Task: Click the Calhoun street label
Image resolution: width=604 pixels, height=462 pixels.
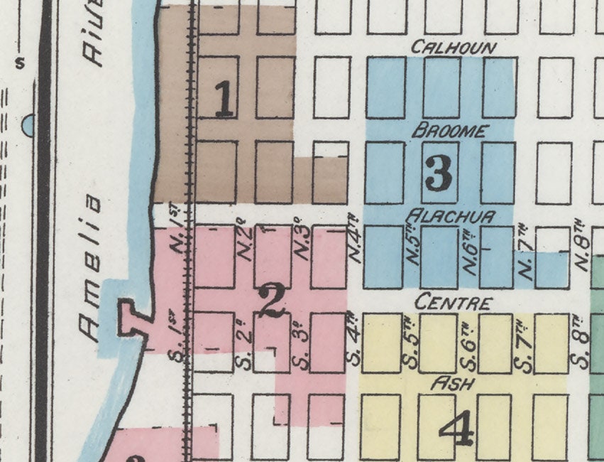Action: tap(454, 48)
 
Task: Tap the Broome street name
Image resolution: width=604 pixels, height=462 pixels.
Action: tap(451, 131)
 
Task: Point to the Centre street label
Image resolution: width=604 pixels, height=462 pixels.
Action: tap(453, 303)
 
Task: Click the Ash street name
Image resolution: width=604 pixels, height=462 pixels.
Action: tap(452, 383)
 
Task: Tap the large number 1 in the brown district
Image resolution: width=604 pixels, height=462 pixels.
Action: tap(224, 100)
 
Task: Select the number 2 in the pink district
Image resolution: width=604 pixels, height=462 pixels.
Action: tap(272, 300)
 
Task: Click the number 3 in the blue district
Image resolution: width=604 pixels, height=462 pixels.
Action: tap(439, 173)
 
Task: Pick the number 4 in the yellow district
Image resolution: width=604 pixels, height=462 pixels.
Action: tap(456, 429)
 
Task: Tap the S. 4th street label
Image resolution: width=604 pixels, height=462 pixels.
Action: tap(353, 337)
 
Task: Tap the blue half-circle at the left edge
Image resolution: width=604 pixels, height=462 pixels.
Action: tap(28, 126)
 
